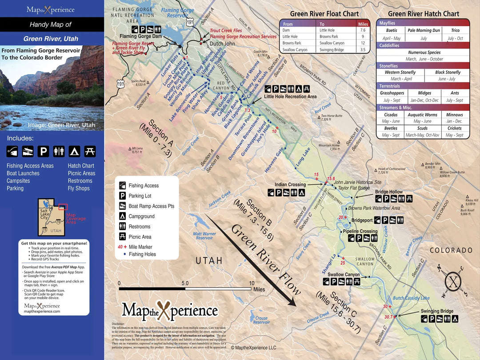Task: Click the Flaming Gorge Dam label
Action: point(142,36)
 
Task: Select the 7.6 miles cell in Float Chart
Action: point(363,30)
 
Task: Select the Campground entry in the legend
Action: point(141,216)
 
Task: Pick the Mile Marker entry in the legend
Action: point(141,247)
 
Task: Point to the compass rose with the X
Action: point(453,281)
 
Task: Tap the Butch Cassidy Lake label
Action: point(411,298)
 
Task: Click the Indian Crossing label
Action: point(290,184)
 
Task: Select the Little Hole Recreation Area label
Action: point(290,96)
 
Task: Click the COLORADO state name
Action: point(450,250)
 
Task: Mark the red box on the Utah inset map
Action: point(63,207)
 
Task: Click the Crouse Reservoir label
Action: point(261,320)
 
